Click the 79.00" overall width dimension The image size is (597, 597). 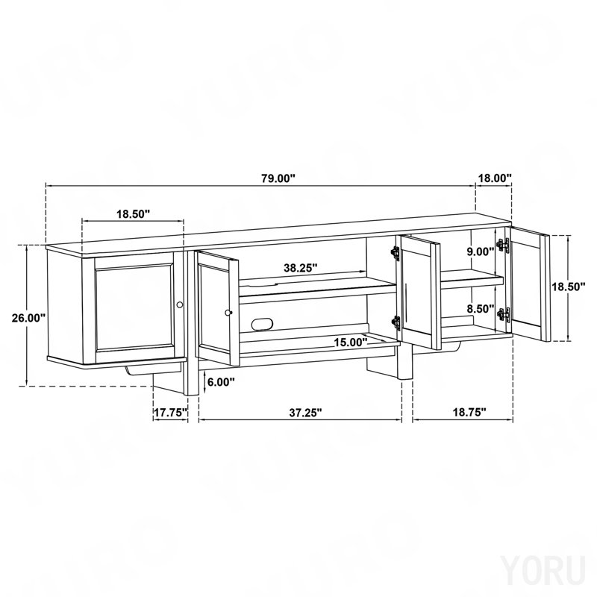click(x=278, y=178)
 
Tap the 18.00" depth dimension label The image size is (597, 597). click(x=495, y=178)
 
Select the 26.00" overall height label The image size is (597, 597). click(x=28, y=318)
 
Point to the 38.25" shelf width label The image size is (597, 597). click(x=301, y=268)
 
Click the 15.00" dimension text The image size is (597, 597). click(x=351, y=343)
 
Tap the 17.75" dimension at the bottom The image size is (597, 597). click(x=171, y=413)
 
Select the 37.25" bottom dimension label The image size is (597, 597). click(x=305, y=413)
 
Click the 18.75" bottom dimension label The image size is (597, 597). click(x=469, y=413)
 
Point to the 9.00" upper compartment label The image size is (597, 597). click(x=481, y=251)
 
